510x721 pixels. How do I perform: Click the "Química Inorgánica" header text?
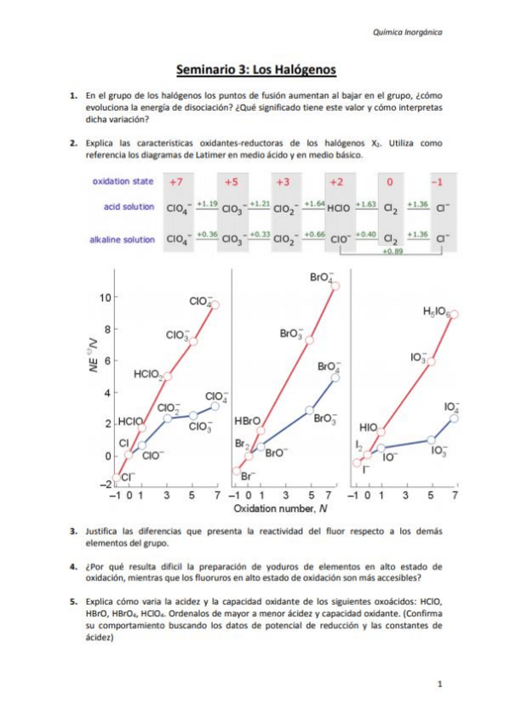[407, 32]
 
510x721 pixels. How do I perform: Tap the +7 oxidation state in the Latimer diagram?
[176, 182]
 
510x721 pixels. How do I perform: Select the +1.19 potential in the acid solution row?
[207, 204]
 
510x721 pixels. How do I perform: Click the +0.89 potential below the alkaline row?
[392, 253]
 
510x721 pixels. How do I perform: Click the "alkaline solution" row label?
[123, 240]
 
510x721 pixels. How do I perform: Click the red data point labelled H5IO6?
[454, 314]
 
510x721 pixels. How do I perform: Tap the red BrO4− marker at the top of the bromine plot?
[335, 286]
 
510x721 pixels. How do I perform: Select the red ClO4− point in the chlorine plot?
[215, 304]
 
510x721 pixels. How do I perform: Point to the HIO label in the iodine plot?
[369, 427]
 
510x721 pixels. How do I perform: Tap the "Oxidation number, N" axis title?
[276, 508]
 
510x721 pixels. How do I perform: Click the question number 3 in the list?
[74, 531]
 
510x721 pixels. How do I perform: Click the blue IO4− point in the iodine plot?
[455, 417]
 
